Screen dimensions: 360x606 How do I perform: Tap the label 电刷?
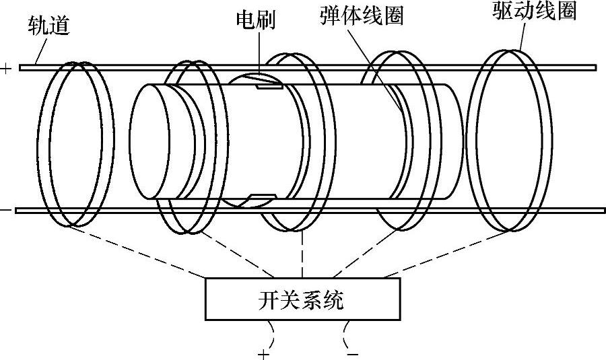(254, 19)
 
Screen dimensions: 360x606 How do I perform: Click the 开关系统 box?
(300, 299)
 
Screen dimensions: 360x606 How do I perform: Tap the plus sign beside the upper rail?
(6, 67)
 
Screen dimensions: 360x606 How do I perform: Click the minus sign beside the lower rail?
(6, 211)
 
